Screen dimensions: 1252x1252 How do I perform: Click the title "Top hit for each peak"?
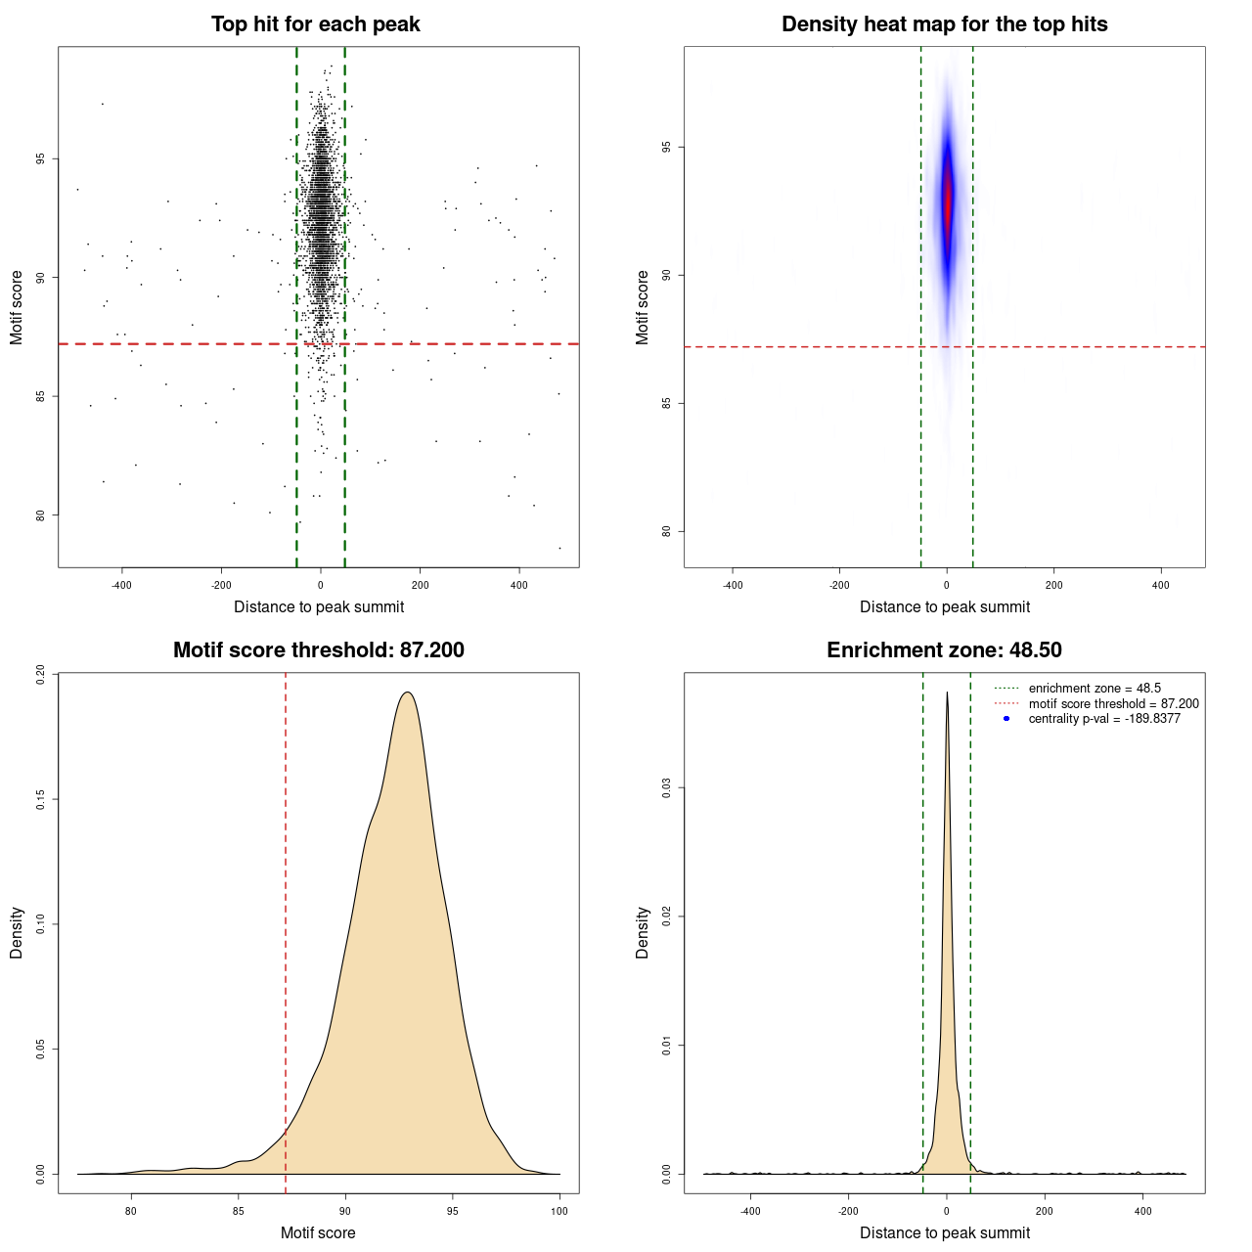click(x=315, y=24)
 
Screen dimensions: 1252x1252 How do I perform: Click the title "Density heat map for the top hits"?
click(x=944, y=24)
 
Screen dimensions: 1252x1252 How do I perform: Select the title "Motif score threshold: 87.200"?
click(x=318, y=650)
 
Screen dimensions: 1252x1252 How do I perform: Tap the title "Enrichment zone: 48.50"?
click(x=944, y=650)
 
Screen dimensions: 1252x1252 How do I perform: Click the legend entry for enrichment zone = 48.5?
click(x=1094, y=689)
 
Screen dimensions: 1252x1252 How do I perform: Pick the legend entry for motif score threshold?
click(x=1112, y=704)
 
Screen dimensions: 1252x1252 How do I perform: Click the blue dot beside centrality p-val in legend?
click(x=1006, y=719)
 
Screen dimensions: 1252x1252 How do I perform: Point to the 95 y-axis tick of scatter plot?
click(x=41, y=158)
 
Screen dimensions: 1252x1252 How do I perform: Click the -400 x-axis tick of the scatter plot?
click(x=121, y=585)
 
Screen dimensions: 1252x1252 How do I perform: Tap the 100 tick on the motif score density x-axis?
click(x=559, y=1211)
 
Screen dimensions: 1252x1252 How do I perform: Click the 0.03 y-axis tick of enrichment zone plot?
click(x=667, y=788)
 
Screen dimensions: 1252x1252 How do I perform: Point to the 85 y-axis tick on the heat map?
click(x=667, y=403)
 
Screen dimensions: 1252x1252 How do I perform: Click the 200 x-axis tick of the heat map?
click(x=1053, y=585)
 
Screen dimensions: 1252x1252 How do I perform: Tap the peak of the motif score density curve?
click(x=408, y=693)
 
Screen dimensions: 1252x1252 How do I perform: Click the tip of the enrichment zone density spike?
click(x=947, y=693)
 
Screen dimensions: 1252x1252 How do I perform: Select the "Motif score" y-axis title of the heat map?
click(x=643, y=307)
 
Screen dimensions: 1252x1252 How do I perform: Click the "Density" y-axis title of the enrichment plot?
click(x=643, y=932)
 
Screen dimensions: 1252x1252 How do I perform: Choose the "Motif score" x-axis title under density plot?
click(x=318, y=1232)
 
